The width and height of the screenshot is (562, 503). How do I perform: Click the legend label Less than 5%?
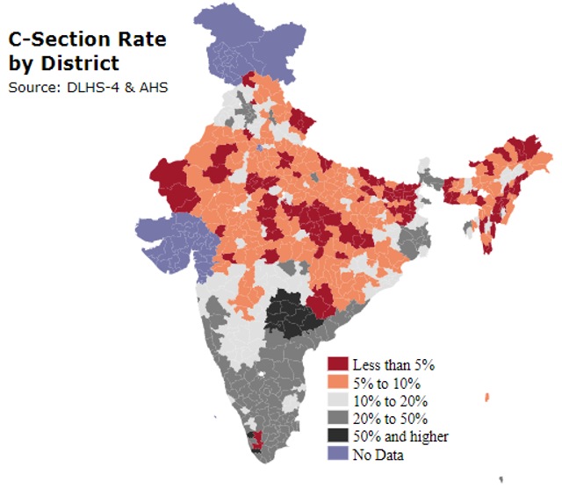(x=393, y=364)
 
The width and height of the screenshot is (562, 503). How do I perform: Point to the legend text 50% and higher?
(x=400, y=436)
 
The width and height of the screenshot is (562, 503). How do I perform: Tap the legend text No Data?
(x=378, y=454)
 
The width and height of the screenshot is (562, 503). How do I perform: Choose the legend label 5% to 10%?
(x=386, y=383)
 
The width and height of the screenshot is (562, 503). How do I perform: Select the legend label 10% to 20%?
(x=390, y=400)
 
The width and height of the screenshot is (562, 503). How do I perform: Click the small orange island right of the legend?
(x=486, y=399)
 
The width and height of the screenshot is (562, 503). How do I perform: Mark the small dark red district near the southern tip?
(x=256, y=441)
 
